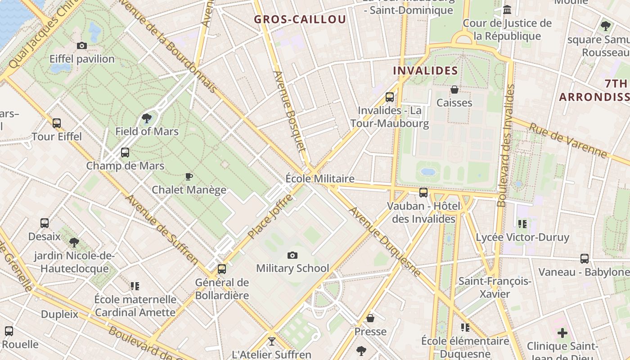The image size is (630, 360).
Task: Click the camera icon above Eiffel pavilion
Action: (x=81, y=45)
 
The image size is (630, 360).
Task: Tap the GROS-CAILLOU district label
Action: (x=300, y=19)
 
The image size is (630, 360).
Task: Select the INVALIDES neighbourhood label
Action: (x=425, y=71)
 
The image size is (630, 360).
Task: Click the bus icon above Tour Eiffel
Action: (x=56, y=123)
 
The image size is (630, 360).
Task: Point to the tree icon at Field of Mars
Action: (x=146, y=118)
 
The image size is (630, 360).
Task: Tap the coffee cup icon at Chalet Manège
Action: (x=189, y=176)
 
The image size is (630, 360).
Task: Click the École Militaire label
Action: (x=320, y=179)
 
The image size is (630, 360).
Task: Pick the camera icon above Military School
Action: (x=292, y=255)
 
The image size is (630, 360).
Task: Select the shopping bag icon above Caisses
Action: (x=454, y=90)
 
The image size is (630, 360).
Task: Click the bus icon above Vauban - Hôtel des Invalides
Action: (x=423, y=193)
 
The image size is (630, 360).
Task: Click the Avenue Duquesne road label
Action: (x=384, y=242)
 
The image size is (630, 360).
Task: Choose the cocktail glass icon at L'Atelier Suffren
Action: (x=271, y=341)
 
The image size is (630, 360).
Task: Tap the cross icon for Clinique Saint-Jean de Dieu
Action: (x=562, y=333)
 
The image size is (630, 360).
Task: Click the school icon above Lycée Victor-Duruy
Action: (x=522, y=224)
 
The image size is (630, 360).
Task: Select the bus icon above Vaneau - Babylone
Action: (x=584, y=259)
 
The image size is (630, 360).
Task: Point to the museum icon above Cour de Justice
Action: (x=507, y=9)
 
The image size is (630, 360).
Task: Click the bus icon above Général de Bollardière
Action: (x=221, y=269)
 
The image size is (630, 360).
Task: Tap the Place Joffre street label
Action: (x=270, y=216)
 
